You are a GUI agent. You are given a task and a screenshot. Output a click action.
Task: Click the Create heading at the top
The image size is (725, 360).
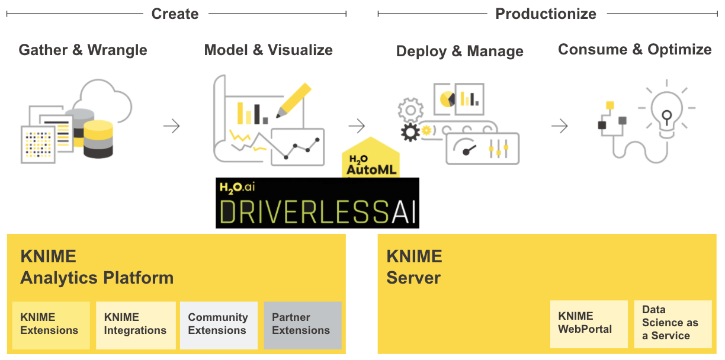pyautogui.click(x=175, y=14)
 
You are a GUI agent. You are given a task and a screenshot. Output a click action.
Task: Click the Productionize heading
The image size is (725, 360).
pyautogui.click(x=546, y=14)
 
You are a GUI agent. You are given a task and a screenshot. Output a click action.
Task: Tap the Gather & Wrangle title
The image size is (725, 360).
pyautogui.click(x=83, y=50)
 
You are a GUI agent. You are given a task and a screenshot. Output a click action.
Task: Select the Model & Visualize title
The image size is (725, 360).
pyautogui.click(x=268, y=50)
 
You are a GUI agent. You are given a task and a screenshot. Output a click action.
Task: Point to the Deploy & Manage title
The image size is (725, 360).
pyautogui.click(x=460, y=52)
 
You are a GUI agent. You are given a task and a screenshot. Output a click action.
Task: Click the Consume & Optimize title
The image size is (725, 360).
pyautogui.click(x=635, y=50)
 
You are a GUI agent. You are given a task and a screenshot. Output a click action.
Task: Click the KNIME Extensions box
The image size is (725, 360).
pyautogui.click(x=51, y=324)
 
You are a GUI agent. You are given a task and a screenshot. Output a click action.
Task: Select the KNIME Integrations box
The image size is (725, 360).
pyautogui.click(x=136, y=324)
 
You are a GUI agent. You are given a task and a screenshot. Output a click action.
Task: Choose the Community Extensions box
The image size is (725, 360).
pyautogui.click(x=219, y=324)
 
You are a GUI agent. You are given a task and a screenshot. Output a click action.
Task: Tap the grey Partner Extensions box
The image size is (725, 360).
pyautogui.click(x=302, y=324)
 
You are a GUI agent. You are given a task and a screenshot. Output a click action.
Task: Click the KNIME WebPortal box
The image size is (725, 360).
pyautogui.click(x=588, y=323)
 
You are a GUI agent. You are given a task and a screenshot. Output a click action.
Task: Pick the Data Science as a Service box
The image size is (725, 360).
pyautogui.click(x=672, y=323)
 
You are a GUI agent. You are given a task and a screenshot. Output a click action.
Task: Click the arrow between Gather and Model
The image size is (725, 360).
pyautogui.click(x=171, y=126)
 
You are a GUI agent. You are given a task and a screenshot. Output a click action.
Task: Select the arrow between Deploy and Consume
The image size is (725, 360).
pyautogui.click(x=559, y=126)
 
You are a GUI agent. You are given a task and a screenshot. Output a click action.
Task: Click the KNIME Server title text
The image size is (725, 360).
pyautogui.click(x=414, y=267)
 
